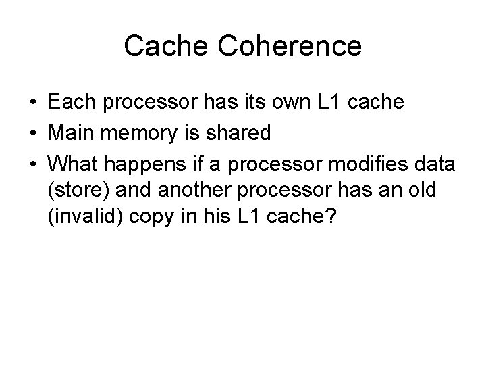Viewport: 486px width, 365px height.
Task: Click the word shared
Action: pos(240,133)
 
